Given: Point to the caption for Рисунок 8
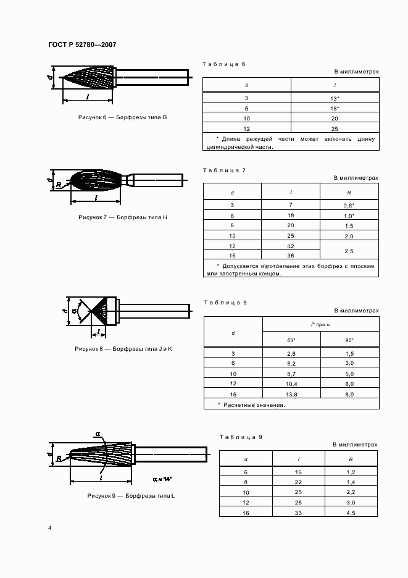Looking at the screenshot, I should pos(123,348).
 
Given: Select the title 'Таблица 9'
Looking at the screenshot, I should pos(241,437).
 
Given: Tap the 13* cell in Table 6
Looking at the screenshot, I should pos(335,98).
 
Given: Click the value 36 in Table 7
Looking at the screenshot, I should pos(290,255).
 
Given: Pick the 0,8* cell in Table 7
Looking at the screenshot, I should pos(349,204).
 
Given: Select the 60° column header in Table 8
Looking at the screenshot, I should pos(291,340).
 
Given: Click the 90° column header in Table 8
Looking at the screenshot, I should pos(349,340).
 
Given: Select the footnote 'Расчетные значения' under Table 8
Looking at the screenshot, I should pos(251,405).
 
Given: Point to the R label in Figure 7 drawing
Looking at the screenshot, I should pos(57,185).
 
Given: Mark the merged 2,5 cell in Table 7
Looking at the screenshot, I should pos(349,250).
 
